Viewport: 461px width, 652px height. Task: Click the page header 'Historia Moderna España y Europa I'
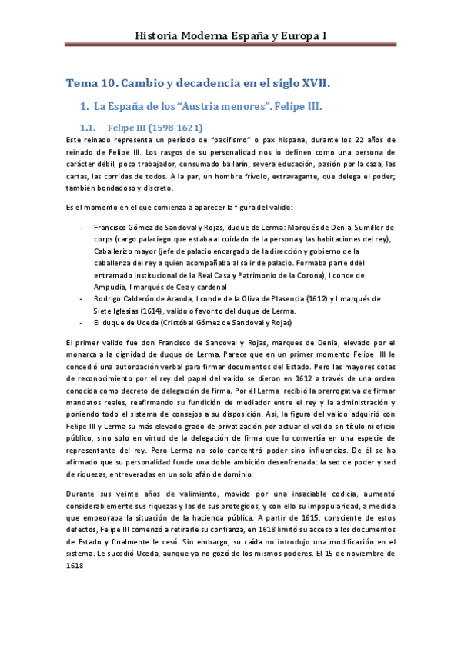tap(230, 35)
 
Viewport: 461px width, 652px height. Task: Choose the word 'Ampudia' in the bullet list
tap(113, 287)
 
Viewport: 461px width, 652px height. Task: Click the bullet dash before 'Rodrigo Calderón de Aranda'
tap(82, 298)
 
